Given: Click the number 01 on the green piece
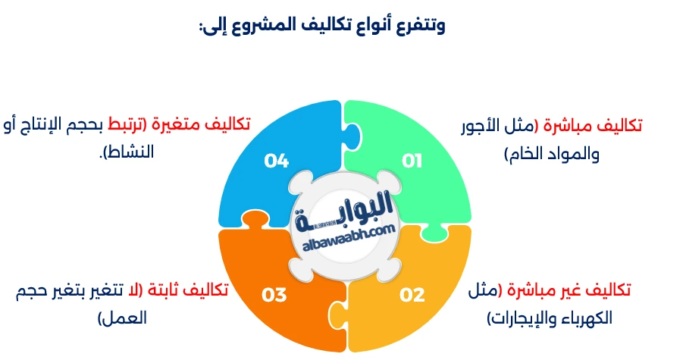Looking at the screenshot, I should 411,161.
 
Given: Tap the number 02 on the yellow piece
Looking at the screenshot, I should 412,295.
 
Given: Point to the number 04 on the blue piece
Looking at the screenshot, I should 277,161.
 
